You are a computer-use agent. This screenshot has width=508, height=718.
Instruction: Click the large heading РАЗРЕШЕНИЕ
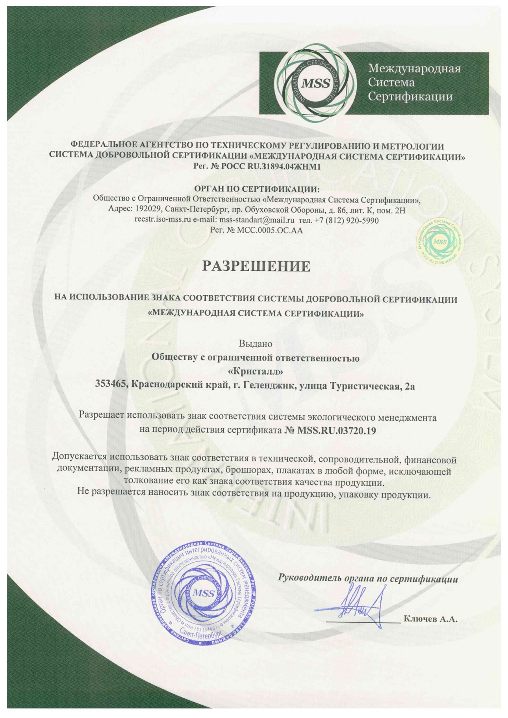pos(256,266)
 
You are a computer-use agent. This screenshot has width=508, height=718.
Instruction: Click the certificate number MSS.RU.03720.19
pos(337,430)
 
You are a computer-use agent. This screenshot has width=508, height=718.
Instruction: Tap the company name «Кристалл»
pos(256,371)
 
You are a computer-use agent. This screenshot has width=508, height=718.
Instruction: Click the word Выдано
pos(256,344)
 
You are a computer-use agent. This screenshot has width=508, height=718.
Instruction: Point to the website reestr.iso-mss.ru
pos(163,220)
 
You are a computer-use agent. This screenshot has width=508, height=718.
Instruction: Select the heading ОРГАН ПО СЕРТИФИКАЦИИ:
pos(256,190)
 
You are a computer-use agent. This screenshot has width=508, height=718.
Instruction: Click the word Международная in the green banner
pos(414,69)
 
